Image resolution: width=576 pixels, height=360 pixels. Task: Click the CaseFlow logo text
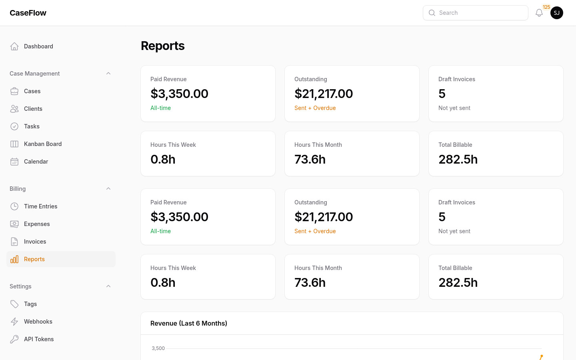pyautogui.click(x=28, y=13)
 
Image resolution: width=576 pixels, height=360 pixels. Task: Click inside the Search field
pyautogui.click(x=480, y=13)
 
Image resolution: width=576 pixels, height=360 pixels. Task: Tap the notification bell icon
pyautogui.click(x=539, y=13)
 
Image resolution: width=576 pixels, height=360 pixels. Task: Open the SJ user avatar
pyautogui.click(x=557, y=13)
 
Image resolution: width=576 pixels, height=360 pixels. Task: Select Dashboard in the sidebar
pyautogui.click(x=38, y=46)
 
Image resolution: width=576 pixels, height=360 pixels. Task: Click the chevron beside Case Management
pyautogui.click(x=108, y=74)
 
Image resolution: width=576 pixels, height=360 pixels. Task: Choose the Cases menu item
pyautogui.click(x=32, y=91)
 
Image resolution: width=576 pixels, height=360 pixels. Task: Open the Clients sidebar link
pyautogui.click(x=33, y=109)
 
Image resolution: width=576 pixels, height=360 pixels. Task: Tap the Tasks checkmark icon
pyautogui.click(x=14, y=126)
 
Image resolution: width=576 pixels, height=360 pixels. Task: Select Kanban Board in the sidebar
pyautogui.click(x=43, y=144)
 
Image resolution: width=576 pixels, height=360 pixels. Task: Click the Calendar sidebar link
pyautogui.click(x=36, y=162)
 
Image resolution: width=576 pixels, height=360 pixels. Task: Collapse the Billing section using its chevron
pyautogui.click(x=108, y=189)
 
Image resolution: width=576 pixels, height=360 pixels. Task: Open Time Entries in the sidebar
pyautogui.click(x=40, y=206)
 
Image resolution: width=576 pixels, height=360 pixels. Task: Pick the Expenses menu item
pyautogui.click(x=37, y=224)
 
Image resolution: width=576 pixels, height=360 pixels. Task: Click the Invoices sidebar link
pyautogui.click(x=35, y=242)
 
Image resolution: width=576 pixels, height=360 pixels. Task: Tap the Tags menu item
pyautogui.click(x=30, y=304)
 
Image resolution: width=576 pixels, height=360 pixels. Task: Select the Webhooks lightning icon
pyautogui.click(x=14, y=322)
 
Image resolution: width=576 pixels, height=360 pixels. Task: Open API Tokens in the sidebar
pyautogui.click(x=39, y=339)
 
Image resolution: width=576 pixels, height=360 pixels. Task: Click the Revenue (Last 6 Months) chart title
pyautogui.click(x=189, y=323)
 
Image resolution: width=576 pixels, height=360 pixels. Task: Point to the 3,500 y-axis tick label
pyautogui.click(x=158, y=348)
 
